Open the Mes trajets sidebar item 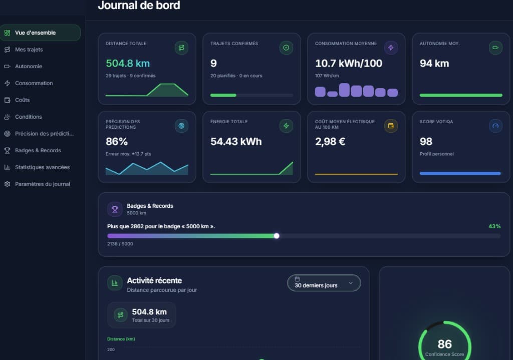[29, 50]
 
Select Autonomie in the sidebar [29, 67]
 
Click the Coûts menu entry [22, 100]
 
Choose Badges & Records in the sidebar [38, 150]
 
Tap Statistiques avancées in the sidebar [42, 167]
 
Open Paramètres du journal [43, 184]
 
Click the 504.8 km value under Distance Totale [128, 64]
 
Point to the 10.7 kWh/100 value [349, 64]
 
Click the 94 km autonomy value [434, 64]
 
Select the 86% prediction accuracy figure [117, 142]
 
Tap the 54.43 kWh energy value [236, 142]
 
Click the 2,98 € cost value [330, 142]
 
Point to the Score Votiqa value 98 [426, 142]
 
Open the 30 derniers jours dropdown [324, 283]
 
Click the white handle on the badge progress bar [277, 236]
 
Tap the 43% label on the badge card [494, 226]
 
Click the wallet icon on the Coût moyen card [391, 126]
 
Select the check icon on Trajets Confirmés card [286, 48]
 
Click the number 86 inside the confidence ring [445, 344]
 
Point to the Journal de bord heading [139, 5]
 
